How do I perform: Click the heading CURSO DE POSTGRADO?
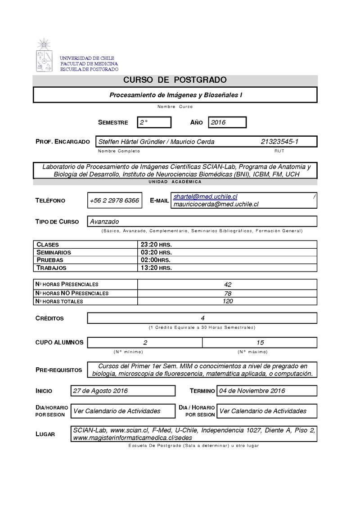[175, 80]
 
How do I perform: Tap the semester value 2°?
[144, 122]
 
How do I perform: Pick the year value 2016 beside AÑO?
[218, 122]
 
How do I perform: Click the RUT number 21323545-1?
[279, 142]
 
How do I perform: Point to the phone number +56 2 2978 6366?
[114, 201]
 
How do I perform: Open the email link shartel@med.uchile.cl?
[205, 197]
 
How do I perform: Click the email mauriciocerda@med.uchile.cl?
[216, 204]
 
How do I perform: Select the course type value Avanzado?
[104, 221]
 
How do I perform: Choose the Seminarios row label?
[54, 252]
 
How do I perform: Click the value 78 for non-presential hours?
[228, 293]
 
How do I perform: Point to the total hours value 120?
[228, 301]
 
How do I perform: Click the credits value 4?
[202, 318]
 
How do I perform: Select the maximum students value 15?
[260, 342]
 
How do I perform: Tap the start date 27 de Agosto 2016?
[100, 391]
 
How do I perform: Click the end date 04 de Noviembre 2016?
[252, 391]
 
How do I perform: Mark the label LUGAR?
[45, 434]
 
